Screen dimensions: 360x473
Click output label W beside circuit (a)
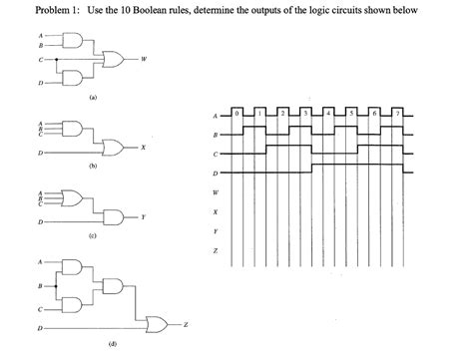point(147,58)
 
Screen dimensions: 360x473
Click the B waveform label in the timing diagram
point(214,134)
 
